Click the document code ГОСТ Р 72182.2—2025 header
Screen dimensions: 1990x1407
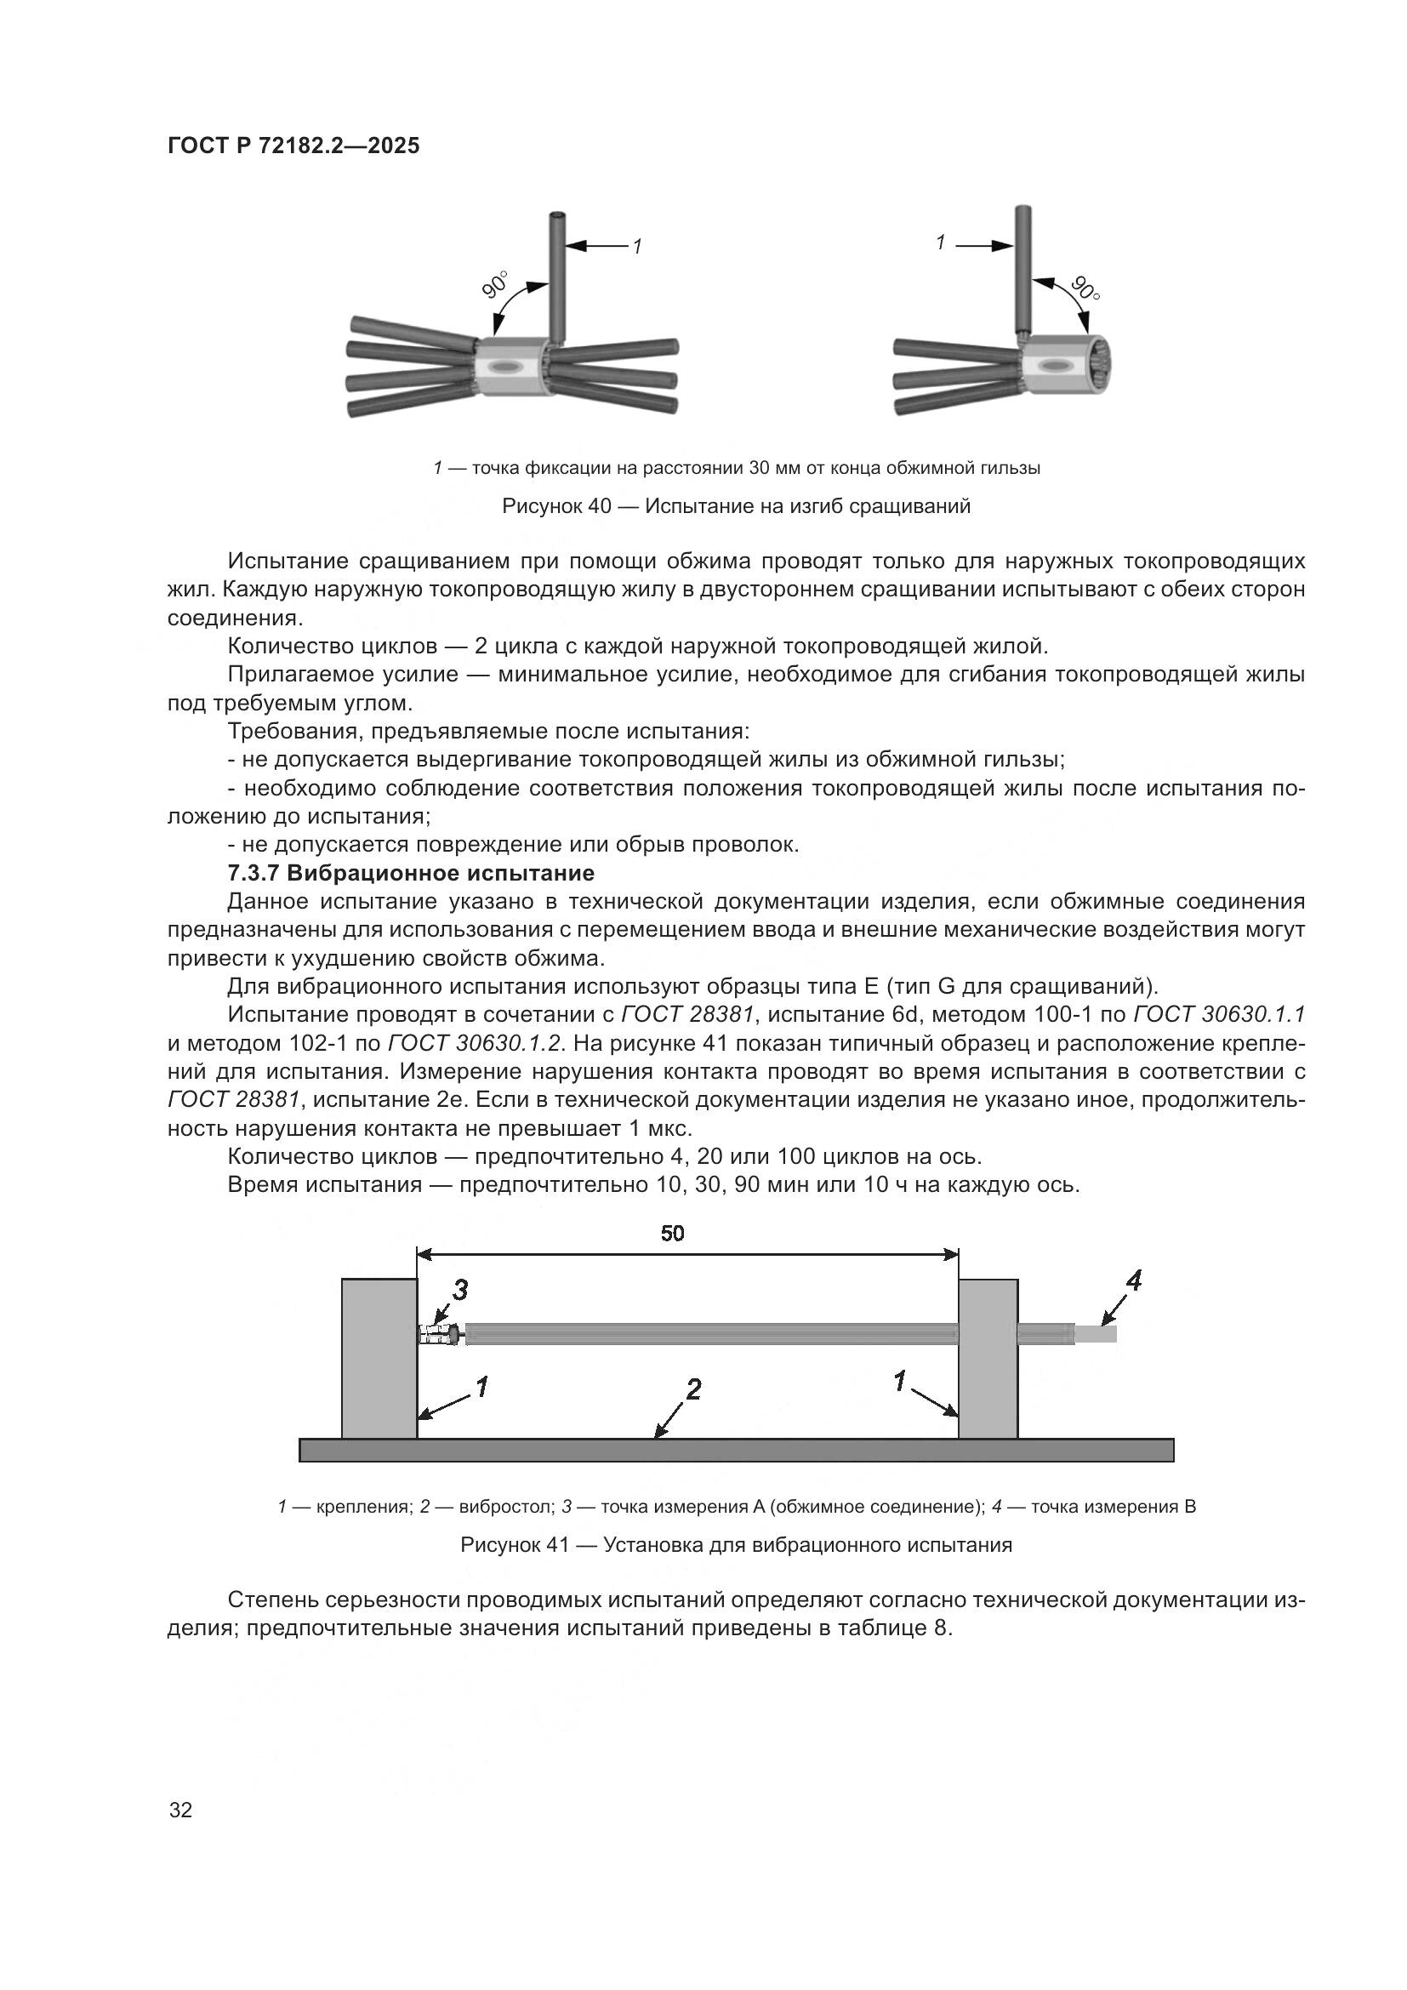click(293, 145)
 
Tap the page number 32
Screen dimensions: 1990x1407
click(181, 1810)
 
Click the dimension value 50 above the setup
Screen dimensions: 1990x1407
click(672, 1233)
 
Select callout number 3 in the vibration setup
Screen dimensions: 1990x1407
click(460, 1291)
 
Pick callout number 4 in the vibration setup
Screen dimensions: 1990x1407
click(1133, 1280)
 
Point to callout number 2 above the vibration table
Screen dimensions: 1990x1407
click(693, 1389)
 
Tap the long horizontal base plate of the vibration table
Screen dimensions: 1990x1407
click(737, 1450)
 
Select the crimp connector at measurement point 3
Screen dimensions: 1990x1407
click(439, 1334)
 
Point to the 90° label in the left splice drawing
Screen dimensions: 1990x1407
click(497, 285)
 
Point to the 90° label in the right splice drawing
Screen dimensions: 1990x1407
click(1085, 288)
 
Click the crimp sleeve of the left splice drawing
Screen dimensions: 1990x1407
click(511, 368)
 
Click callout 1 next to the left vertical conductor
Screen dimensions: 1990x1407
click(637, 247)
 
